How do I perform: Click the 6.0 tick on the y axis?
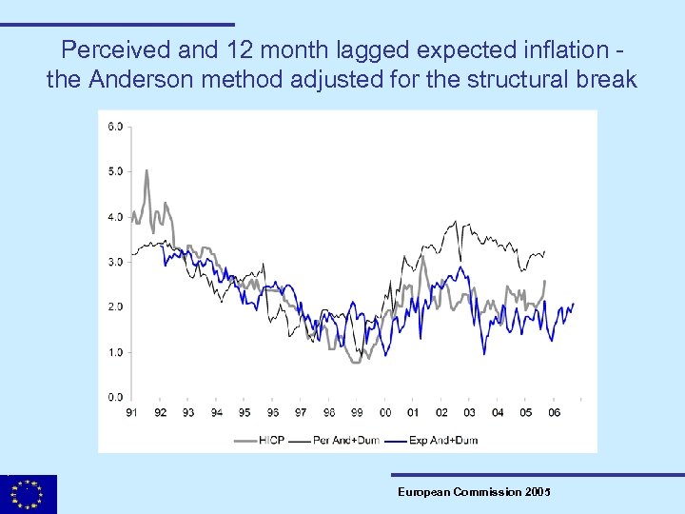point(114,127)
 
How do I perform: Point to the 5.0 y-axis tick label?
point(114,171)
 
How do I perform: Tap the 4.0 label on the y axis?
point(114,217)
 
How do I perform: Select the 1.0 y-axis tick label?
point(114,352)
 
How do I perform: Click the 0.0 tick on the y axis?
point(114,397)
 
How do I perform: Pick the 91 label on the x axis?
point(131,412)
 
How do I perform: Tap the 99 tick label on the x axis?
point(357,412)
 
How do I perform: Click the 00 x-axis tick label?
point(384,412)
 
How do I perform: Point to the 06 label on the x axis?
point(554,412)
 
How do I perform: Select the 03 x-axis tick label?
point(469,412)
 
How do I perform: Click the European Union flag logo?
point(29,494)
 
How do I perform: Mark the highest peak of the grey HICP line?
point(147,171)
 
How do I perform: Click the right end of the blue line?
point(574,304)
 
